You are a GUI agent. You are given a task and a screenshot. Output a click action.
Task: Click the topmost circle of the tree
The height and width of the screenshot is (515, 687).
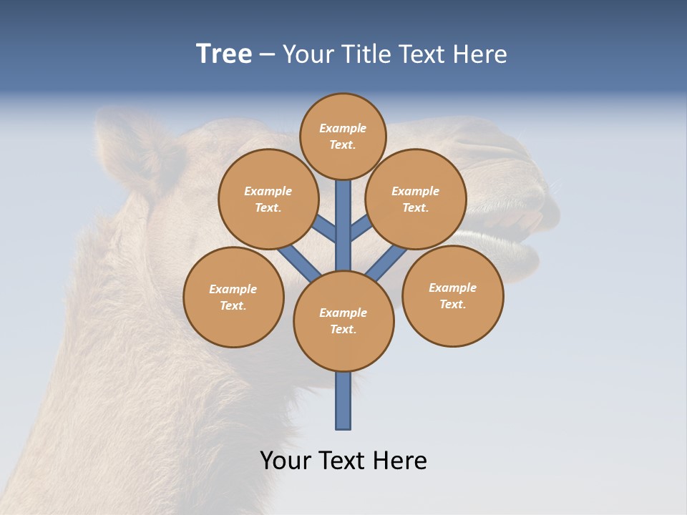coord(343,137)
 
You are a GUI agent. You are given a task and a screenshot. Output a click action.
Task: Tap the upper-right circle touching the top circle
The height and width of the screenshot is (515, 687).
coord(416,199)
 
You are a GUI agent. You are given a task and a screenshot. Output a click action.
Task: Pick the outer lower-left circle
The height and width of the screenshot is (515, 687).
coord(233,297)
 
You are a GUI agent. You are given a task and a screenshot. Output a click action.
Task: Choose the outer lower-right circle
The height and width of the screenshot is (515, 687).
coord(452,295)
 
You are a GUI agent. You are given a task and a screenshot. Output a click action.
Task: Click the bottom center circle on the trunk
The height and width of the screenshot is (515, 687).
coord(343,321)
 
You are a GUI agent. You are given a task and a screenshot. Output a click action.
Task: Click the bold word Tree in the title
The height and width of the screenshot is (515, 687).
coord(224,54)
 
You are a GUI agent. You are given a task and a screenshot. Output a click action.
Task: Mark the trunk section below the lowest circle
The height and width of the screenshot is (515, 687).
coord(343,402)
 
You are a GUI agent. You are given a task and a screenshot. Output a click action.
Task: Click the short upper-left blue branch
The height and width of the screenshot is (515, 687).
coord(325,229)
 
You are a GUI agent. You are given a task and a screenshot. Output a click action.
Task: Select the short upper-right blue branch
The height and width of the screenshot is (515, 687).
coord(361,227)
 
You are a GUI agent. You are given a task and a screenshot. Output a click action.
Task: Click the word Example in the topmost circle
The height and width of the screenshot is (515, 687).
coord(343,128)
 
